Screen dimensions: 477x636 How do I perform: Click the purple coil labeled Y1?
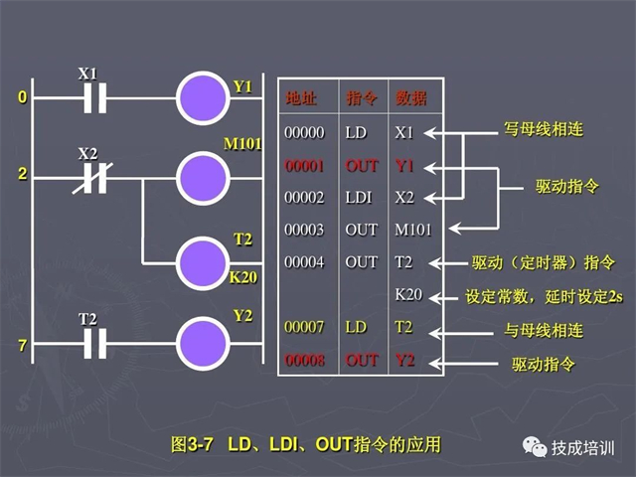point(203,98)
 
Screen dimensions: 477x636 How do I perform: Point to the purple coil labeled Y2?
point(203,343)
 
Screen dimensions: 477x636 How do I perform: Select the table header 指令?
point(359,98)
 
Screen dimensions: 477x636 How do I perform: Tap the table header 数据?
point(410,98)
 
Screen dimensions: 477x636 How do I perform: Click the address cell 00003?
point(302,230)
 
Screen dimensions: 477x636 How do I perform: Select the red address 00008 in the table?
point(302,360)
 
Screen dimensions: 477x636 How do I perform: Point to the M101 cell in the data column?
point(413,230)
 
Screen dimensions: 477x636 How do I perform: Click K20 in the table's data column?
point(408,295)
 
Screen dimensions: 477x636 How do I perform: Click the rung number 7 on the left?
point(22,344)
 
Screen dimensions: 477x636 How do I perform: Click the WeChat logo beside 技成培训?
point(534,447)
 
